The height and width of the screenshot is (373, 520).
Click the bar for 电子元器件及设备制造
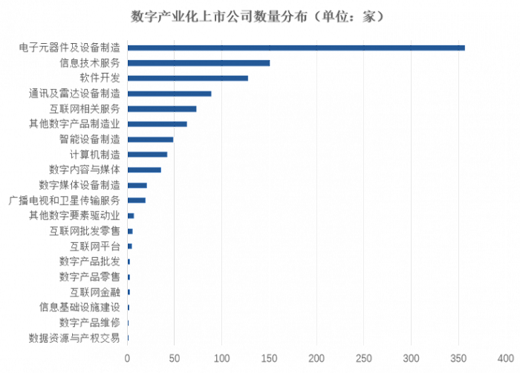[x=296, y=48]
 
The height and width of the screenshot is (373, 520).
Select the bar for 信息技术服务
[x=199, y=63]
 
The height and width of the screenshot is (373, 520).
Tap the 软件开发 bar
[x=188, y=78]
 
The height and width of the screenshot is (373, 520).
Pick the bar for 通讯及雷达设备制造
[x=170, y=94]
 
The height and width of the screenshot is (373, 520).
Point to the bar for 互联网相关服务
[x=163, y=108]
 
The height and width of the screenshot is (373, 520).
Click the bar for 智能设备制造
[x=151, y=139]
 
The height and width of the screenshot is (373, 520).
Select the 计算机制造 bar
[x=148, y=155]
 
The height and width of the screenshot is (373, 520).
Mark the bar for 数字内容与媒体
[x=145, y=169]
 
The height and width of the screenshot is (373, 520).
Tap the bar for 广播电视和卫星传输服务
[x=137, y=201]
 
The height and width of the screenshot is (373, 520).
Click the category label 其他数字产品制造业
[x=74, y=124]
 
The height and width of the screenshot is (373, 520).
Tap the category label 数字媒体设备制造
[x=79, y=185]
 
